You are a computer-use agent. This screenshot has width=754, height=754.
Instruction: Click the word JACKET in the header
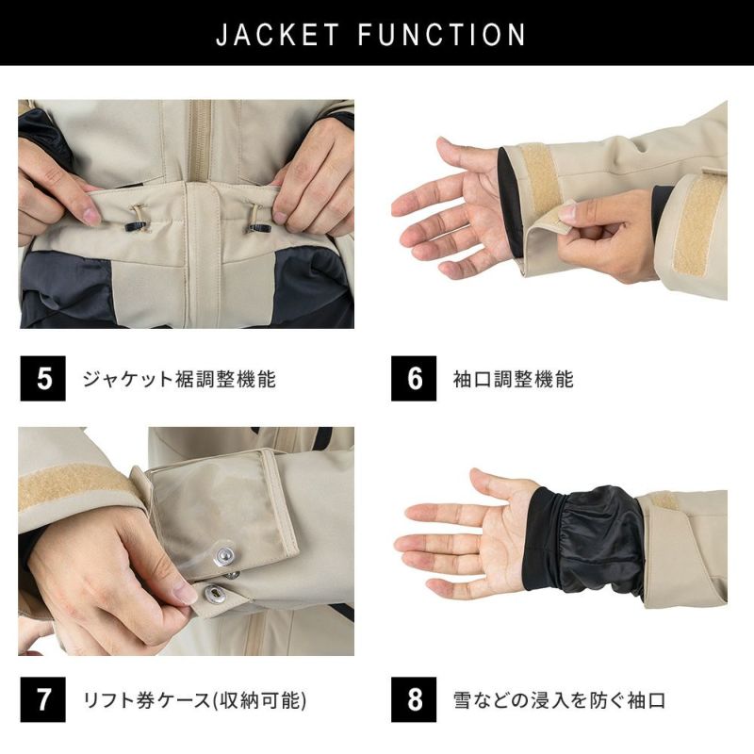pyautogui.click(x=278, y=35)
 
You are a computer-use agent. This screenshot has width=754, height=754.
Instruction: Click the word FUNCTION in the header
pyautogui.click(x=442, y=35)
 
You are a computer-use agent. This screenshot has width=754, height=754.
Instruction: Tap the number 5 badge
pyautogui.click(x=42, y=379)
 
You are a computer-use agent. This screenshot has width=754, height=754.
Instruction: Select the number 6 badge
pyautogui.click(x=415, y=379)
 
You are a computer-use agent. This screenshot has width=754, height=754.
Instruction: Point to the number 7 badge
pyautogui.click(x=42, y=701)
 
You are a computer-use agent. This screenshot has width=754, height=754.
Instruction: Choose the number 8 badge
pyautogui.click(x=415, y=701)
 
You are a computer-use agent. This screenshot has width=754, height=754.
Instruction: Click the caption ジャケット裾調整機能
pyautogui.click(x=179, y=380)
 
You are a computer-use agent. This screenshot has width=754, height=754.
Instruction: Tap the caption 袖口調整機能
pyautogui.click(x=514, y=380)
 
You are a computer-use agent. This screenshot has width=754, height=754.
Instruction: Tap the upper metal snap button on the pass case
pyautogui.click(x=227, y=558)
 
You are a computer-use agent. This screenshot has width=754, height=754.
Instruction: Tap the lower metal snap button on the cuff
pyautogui.click(x=215, y=593)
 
